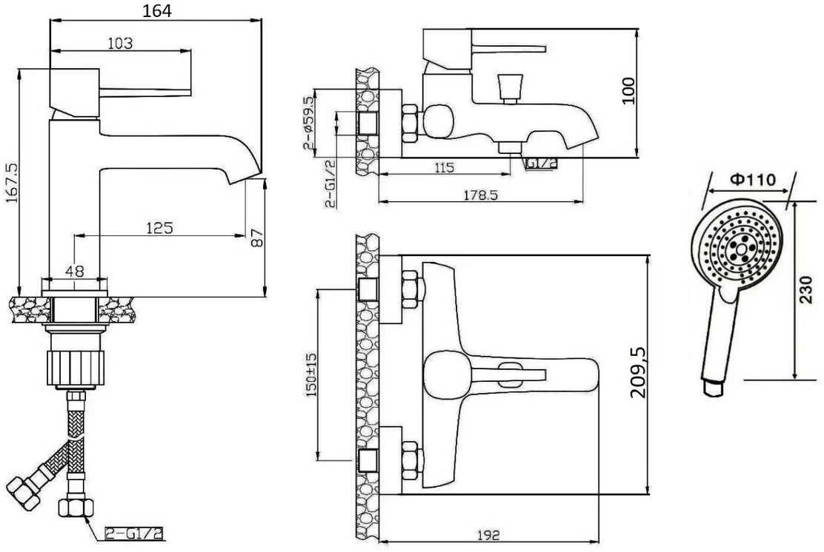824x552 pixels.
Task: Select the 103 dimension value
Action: tap(120, 43)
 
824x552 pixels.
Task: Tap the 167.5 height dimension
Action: tap(12, 182)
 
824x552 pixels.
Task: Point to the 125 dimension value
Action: tap(159, 228)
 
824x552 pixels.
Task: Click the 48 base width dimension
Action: tap(75, 272)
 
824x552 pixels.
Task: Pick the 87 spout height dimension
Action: tap(258, 238)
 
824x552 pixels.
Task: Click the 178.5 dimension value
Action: tap(480, 195)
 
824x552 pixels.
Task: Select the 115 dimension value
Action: tap(444, 168)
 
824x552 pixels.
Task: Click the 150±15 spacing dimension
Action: tap(312, 374)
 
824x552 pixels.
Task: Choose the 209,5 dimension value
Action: tap(639, 372)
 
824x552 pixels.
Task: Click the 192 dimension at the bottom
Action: tap(489, 535)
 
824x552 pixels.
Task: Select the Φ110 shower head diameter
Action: tap(753, 180)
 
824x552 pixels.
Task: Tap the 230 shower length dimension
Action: tap(806, 289)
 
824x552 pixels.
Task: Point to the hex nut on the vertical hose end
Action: tap(76, 508)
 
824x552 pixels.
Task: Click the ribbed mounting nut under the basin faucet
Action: tap(76, 368)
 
